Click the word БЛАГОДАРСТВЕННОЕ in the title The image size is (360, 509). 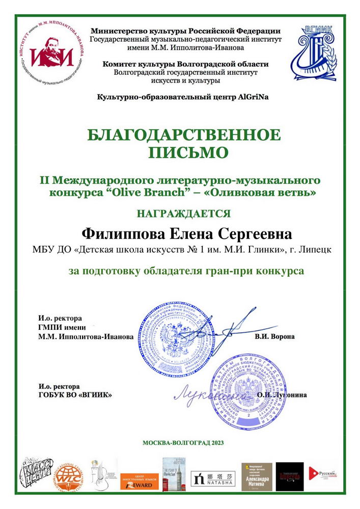tap(184, 136)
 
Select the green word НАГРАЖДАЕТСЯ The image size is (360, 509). tap(183, 213)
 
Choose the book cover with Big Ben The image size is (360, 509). tap(172, 474)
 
